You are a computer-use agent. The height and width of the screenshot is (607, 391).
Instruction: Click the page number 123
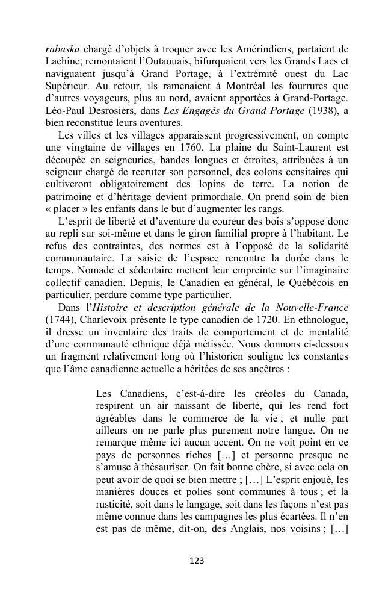(196, 561)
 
